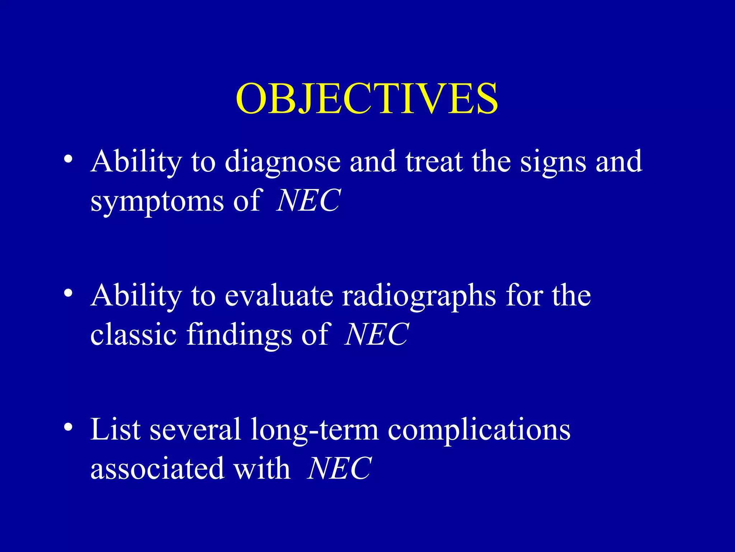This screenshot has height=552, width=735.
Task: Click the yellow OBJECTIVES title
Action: pyautogui.click(x=367, y=99)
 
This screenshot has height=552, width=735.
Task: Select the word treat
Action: pyautogui.click(x=434, y=162)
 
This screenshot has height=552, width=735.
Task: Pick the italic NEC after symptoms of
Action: pyautogui.click(x=308, y=201)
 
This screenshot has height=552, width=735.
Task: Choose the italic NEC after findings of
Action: pyautogui.click(x=376, y=335)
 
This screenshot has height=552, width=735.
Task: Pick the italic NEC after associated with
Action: pyautogui.click(x=339, y=469)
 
